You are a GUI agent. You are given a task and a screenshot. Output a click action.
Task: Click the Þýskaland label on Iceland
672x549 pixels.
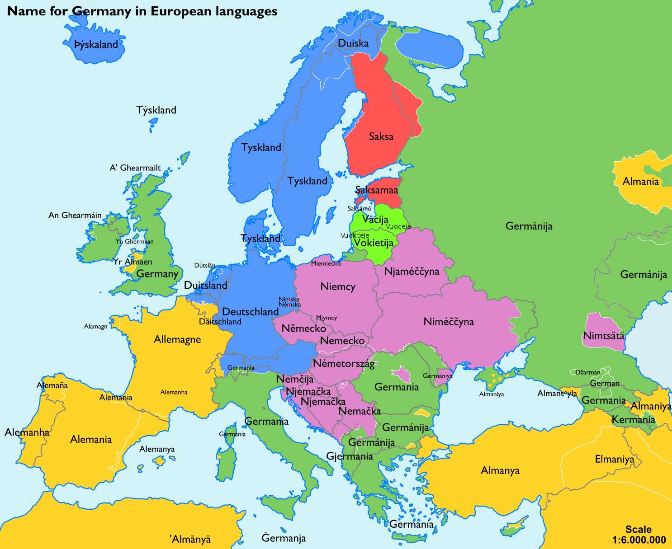click(x=96, y=45)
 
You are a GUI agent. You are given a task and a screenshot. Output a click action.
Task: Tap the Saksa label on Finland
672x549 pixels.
click(x=381, y=136)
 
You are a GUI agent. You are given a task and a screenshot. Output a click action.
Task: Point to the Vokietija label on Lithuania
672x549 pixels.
click(x=373, y=243)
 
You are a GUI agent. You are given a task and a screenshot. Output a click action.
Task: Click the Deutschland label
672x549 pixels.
click(x=250, y=312)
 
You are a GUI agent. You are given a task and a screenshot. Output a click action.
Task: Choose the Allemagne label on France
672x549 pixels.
click(x=177, y=339)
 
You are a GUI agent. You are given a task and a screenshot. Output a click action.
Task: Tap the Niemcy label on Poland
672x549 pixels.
click(x=337, y=286)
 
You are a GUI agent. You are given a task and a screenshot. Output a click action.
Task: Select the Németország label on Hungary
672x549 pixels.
click(x=344, y=364)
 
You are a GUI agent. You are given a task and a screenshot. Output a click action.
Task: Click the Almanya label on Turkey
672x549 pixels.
click(x=500, y=470)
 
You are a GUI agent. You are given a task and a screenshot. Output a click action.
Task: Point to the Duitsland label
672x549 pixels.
click(x=205, y=286)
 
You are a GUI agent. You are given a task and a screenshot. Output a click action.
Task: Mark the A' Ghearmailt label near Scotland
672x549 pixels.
click(x=135, y=168)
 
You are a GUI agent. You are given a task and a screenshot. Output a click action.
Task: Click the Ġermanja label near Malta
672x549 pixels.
click(x=284, y=538)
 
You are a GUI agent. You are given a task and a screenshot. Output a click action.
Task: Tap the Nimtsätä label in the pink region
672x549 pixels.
click(x=603, y=336)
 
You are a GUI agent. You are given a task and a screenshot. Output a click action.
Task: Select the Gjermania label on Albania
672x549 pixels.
click(x=350, y=456)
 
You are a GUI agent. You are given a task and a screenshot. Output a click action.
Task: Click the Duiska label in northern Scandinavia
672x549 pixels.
click(x=353, y=43)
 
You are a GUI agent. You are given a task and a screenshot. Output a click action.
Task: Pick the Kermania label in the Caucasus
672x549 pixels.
click(x=633, y=420)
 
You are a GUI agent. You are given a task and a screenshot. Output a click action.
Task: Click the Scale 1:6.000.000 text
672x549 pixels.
click(x=639, y=535)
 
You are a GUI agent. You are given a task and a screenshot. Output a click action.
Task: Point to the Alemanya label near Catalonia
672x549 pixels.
click(x=156, y=449)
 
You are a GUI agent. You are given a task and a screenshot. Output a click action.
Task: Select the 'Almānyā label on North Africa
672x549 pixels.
click(x=190, y=539)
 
